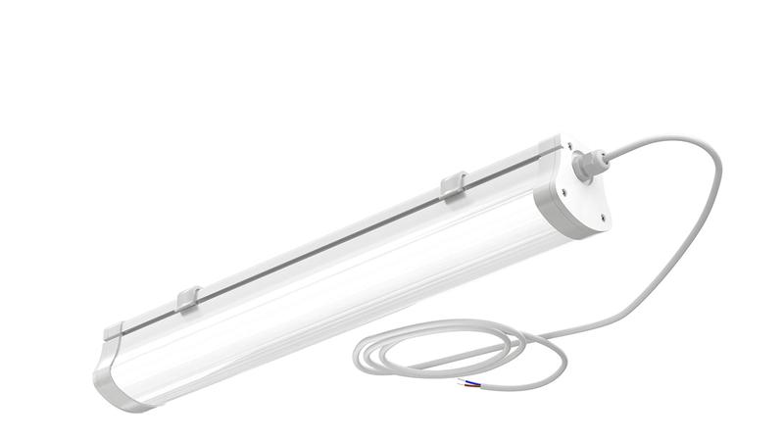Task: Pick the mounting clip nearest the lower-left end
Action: [x=189, y=300]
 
